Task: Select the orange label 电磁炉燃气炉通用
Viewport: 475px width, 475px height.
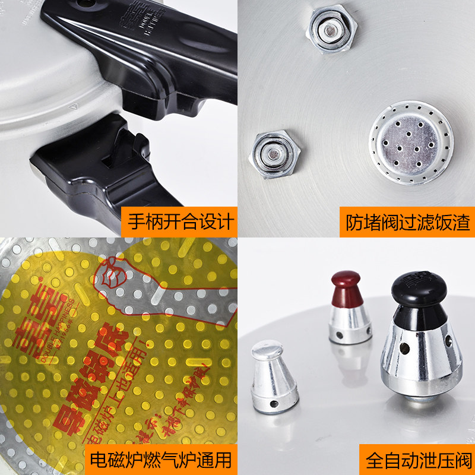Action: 160,458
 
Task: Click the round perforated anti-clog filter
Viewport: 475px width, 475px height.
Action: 411,142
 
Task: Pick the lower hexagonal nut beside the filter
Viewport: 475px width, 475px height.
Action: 274,153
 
